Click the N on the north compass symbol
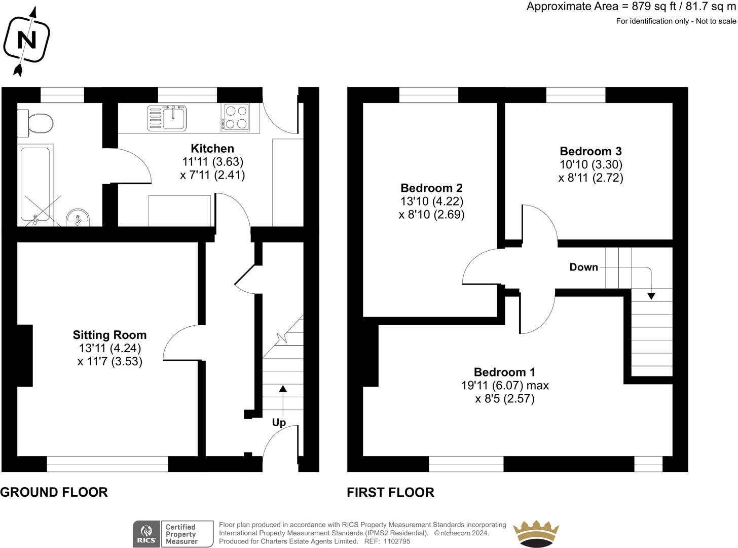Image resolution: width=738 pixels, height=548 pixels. [27, 40]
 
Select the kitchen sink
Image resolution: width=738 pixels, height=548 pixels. [167, 118]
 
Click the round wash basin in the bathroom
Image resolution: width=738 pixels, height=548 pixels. [78, 218]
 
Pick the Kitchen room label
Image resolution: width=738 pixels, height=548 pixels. [212, 148]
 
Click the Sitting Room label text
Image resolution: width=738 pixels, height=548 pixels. [110, 335]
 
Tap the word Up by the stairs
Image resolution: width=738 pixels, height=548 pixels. [279, 423]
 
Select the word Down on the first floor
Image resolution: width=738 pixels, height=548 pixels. [583, 267]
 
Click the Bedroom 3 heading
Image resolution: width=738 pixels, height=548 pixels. [591, 151]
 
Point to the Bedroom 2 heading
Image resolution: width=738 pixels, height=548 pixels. [431, 188]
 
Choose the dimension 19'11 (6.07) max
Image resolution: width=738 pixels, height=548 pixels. [505, 386]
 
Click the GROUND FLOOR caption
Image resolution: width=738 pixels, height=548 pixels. [54, 492]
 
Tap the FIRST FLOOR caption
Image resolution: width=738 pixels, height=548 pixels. [391, 492]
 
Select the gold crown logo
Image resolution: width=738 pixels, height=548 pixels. [536, 534]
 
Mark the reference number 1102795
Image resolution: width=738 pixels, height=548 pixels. [396, 541]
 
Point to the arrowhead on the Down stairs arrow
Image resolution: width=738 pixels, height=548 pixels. [651, 296]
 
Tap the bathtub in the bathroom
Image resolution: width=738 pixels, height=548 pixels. [35, 184]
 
